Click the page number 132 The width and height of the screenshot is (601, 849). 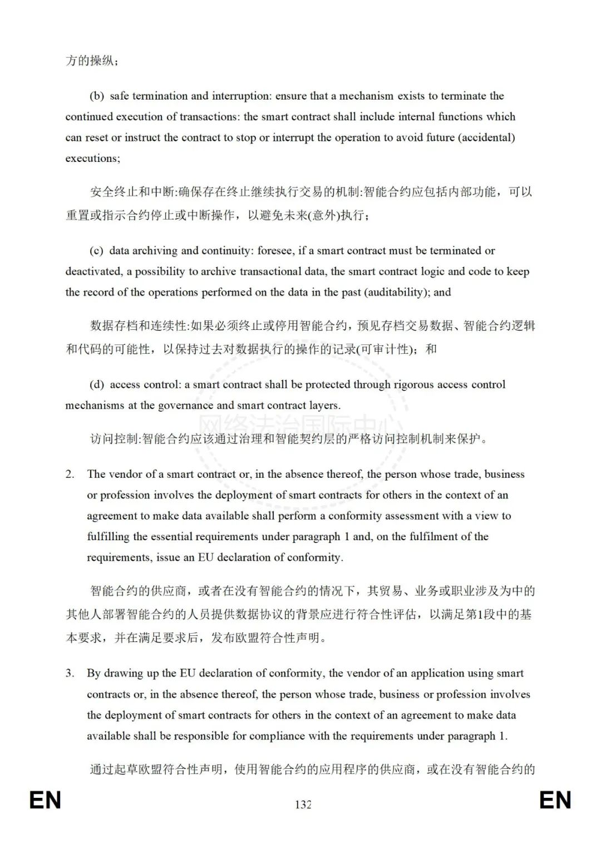pyautogui.click(x=303, y=804)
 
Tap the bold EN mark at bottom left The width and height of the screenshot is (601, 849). pyautogui.click(x=45, y=801)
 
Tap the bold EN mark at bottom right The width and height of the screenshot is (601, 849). pyautogui.click(x=555, y=801)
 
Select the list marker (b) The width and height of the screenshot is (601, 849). pyautogui.click(x=97, y=96)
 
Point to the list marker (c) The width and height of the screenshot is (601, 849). pyautogui.click(x=96, y=250)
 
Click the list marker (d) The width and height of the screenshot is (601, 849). pyautogui.click(x=97, y=384)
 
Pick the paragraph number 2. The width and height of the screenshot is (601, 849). pyautogui.click(x=70, y=474)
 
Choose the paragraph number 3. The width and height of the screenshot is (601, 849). pyautogui.click(x=70, y=673)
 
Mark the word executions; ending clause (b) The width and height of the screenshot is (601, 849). pyautogui.click(x=92, y=159)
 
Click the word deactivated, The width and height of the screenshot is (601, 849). pyautogui.click(x=94, y=272)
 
